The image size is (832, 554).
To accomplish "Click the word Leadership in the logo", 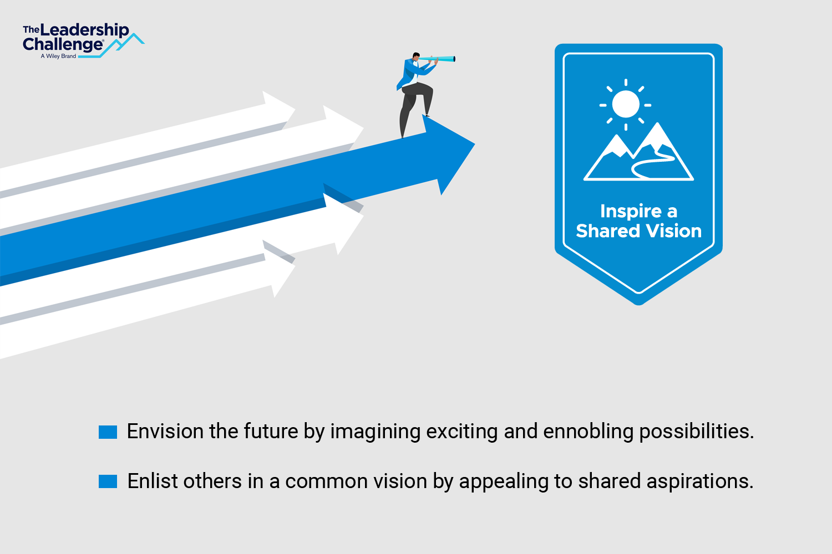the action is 84,30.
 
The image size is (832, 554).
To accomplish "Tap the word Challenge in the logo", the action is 63,44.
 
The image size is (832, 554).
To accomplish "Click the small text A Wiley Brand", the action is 58,56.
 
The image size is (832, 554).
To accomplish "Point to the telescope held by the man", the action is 437,59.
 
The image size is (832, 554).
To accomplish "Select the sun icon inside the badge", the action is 626,105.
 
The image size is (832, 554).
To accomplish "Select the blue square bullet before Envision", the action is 108,432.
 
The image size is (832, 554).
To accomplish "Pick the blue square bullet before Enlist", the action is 108,481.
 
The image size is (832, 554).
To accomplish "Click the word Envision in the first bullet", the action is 165,431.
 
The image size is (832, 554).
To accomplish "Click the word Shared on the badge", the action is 608,231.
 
